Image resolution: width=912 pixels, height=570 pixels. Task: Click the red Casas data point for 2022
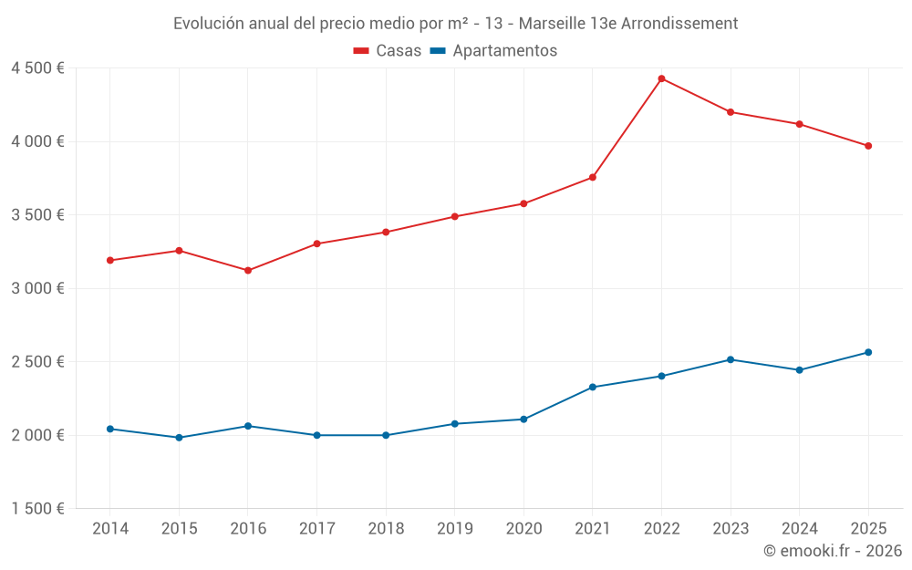[x=661, y=78]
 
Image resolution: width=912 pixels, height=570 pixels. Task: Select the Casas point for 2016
[x=248, y=271]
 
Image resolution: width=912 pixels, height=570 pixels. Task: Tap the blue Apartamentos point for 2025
[x=868, y=352]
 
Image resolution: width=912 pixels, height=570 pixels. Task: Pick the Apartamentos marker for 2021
[x=593, y=388]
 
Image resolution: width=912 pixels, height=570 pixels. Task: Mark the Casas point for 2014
[x=110, y=261]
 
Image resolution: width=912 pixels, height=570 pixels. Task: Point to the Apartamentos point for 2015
[x=179, y=438]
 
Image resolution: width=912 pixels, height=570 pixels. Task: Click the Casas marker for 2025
[x=868, y=146]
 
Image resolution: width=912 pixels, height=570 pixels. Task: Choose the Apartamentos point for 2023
[x=731, y=359]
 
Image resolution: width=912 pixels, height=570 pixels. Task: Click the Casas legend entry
[x=388, y=50]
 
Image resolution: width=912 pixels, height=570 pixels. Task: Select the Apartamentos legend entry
[x=493, y=50]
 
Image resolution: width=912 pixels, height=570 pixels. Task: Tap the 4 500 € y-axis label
[x=37, y=68]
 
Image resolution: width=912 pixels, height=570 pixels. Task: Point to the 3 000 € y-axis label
[x=37, y=288]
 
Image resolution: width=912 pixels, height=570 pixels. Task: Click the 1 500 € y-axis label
[x=37, y=509]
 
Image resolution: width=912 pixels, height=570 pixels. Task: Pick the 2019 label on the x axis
[x=455, y=529]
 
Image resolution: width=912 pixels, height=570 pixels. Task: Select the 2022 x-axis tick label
[x=661, y=529]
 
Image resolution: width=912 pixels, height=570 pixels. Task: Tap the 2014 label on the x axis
[x=110, y=529]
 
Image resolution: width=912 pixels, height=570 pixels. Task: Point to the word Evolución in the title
[x=208, y=24]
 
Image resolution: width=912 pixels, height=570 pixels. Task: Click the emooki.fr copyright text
[x=833, y=550]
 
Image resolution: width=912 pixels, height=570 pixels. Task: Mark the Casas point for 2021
[x=593, y=178]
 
